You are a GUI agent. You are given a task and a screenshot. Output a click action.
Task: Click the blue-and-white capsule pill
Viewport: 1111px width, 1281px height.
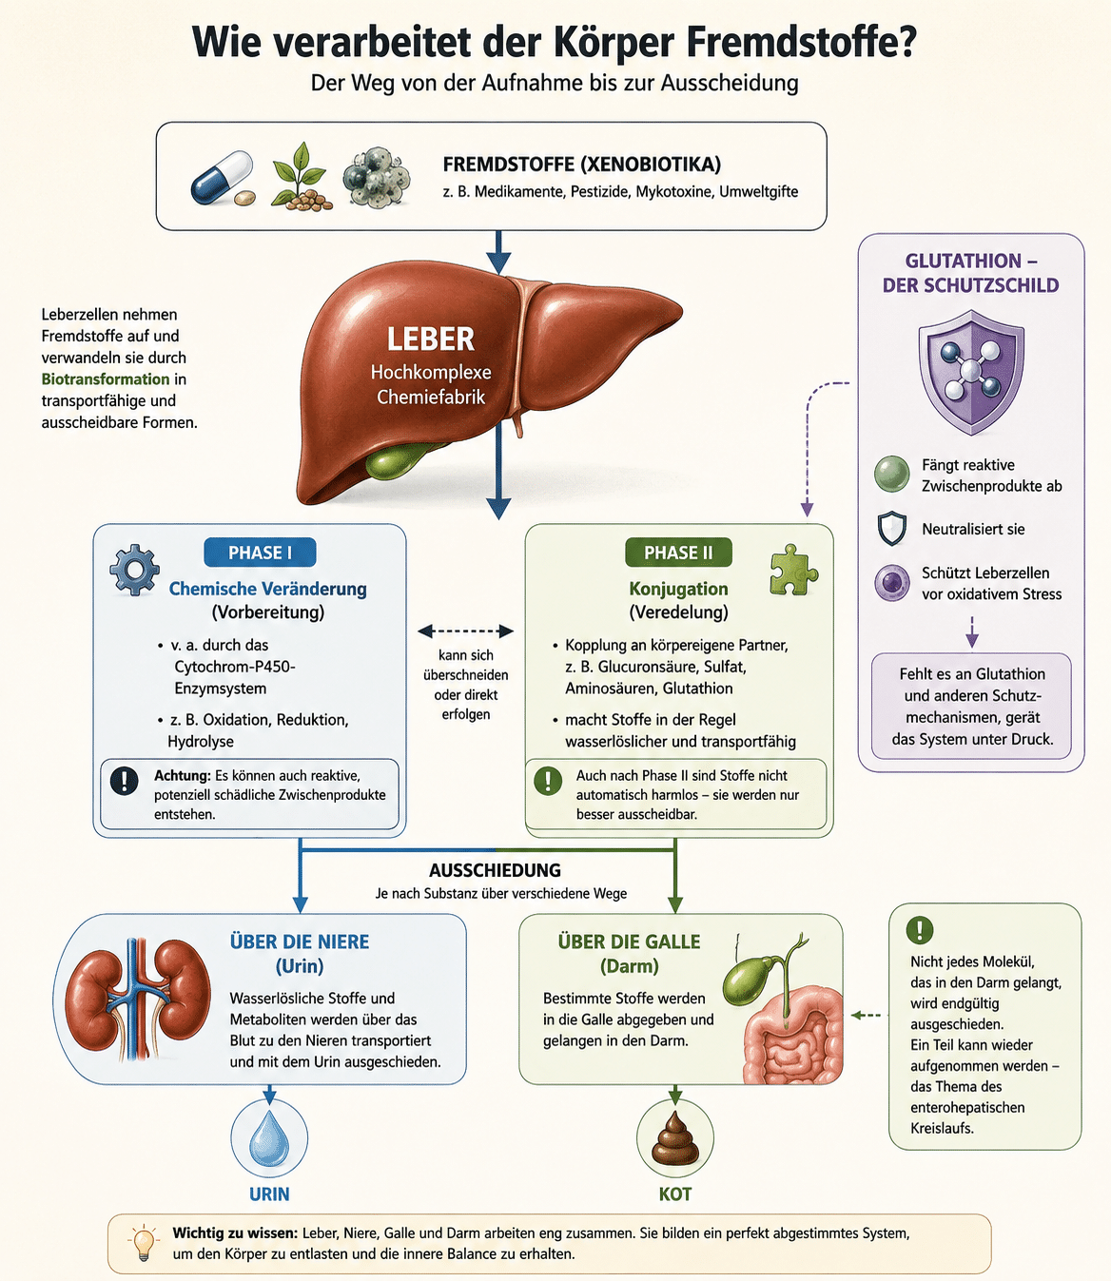tap(222, 177)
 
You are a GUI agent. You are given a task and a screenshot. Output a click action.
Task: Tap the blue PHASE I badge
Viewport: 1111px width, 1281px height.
tap(260, 553)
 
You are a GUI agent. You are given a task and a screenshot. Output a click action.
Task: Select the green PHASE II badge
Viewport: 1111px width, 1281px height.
tap(678, 553)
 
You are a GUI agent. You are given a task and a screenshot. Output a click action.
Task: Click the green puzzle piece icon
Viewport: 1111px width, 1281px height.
tap(793, 570)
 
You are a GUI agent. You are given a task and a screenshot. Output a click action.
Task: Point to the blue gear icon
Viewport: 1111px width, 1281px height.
tap(134, 571)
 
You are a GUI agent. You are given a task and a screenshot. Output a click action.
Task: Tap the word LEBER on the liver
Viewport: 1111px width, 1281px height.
tap(430, 340)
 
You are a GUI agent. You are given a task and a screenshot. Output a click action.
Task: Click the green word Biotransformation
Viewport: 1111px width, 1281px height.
tap(106, 378)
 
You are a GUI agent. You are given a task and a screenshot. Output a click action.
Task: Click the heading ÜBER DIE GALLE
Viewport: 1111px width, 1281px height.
tap(629, 941)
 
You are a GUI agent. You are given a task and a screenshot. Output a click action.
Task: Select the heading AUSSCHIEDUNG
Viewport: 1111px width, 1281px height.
tap(495, 870)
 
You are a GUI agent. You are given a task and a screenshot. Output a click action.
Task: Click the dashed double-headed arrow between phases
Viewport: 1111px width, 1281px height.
tap(465, 631)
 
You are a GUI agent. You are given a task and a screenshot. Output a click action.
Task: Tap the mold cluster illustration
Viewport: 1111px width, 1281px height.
tap(376, 176)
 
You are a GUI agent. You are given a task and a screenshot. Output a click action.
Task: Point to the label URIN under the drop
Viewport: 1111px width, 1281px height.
tap(269, 1194)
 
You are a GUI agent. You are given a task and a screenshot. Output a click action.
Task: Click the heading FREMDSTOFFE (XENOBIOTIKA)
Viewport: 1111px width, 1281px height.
tap(581, 165)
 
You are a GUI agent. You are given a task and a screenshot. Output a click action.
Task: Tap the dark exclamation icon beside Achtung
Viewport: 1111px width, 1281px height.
tap(124, 781)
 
